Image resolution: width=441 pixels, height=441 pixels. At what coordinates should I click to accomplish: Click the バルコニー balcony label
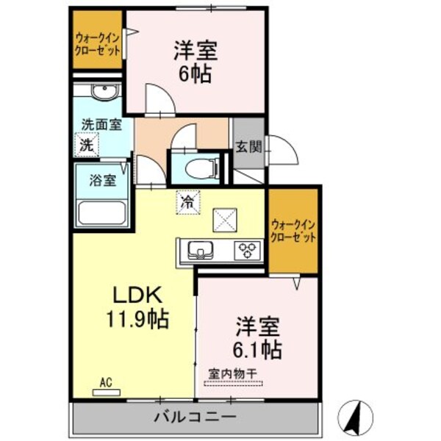click(x=195, y=417)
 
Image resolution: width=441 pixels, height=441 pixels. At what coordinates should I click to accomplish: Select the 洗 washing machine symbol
click(x=87, y=144)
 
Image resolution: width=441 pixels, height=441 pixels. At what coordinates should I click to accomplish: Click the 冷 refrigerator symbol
click(x=188, y=201)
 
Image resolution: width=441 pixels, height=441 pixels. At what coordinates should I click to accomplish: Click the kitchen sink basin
click(x=198, y=251)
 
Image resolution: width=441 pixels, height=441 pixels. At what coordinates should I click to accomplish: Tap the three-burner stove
click(x=247, y=251)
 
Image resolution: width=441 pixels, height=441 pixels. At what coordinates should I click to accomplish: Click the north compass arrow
click(x=356, y=416)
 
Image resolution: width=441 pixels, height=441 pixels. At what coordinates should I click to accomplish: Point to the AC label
click(x=107, y=382)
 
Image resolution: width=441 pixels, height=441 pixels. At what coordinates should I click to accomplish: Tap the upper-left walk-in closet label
click(x=98, y=45)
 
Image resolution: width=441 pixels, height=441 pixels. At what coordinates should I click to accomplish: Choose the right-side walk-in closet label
click(x=293, y=231)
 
